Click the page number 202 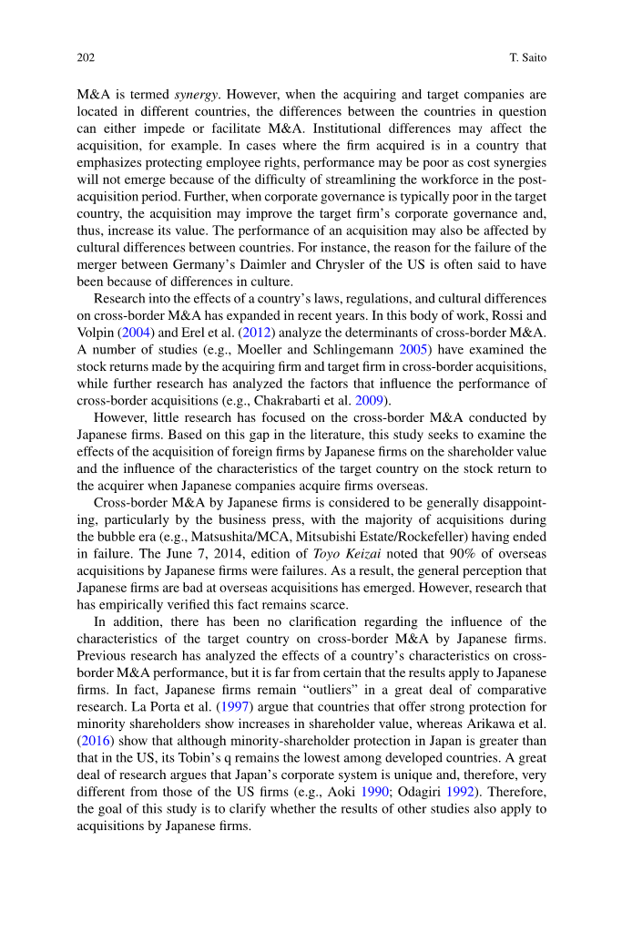[86, 58]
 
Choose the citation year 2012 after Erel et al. [254, 333]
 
